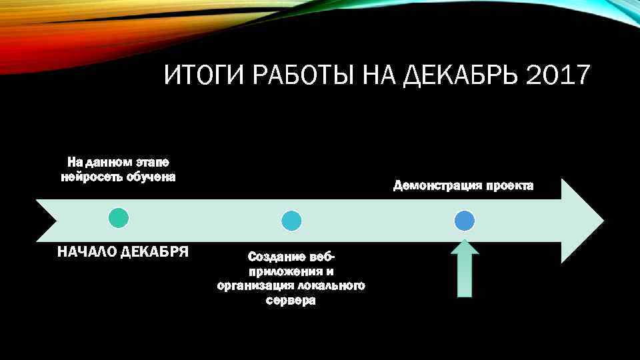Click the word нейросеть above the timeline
coord(87,177)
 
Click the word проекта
coord(509,186)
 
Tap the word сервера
coord(291,301)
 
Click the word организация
coord(254,286)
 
